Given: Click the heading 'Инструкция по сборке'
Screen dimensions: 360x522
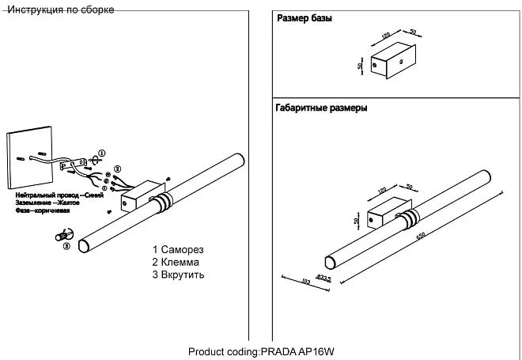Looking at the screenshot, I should coord(59,9).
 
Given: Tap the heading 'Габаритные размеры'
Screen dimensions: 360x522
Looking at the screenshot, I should coord(321,108).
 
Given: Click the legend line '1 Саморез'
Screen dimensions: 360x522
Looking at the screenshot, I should coord(179,249).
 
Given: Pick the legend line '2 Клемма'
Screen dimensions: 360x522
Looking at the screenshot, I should coord(176,262).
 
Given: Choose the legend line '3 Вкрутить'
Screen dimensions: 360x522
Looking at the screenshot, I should coord(179,275).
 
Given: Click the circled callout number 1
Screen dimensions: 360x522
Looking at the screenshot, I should coord(101,152).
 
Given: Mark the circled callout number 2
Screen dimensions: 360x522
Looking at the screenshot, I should coord(118,169).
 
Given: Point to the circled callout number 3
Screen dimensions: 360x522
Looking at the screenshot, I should coord(66,246).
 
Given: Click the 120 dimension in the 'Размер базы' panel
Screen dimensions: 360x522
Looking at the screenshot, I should coord(386,36).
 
